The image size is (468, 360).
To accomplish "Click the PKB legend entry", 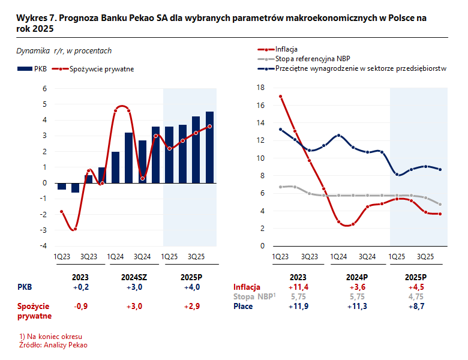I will click(33, 69).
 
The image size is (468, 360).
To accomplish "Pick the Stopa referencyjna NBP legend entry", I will click(312, 59).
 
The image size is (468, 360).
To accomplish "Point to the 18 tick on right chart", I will click(260, 88).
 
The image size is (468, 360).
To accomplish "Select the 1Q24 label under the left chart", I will click(116, 257).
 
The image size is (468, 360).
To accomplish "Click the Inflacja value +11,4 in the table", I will click(298, 287).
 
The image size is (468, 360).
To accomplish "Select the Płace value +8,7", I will click(415, 306).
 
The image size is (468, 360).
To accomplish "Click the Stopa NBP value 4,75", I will click(415, 296).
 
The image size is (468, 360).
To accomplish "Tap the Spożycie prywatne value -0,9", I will click(80, 306).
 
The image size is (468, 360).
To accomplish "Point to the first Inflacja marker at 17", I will click(280, 96).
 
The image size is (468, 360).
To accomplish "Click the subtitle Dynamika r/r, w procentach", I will click(64, 51).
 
